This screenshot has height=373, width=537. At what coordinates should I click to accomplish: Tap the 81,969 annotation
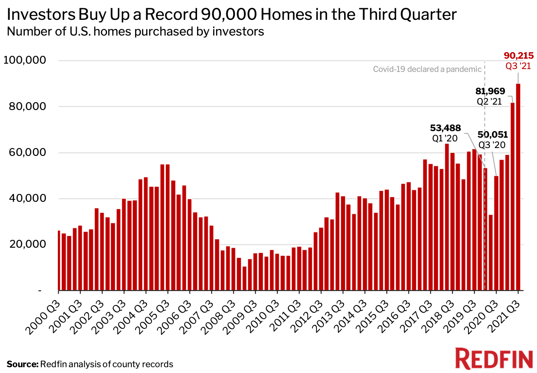click(x=487, y=91)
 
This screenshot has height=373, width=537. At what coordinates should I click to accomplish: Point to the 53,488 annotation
click(x=445, y=128)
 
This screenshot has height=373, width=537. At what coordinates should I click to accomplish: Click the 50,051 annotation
click(x=493, y=134)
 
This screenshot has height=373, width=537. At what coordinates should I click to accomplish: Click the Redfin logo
click(x=494, y=358)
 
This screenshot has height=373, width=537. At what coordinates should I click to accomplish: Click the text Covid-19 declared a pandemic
click(x=427, y=69)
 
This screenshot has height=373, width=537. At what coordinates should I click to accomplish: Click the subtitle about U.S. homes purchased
click(x=135, y=31)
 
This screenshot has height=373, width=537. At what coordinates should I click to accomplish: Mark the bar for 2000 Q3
click(x=59, y=261)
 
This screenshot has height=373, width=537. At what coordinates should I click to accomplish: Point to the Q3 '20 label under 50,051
click(x=492, y=145)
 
